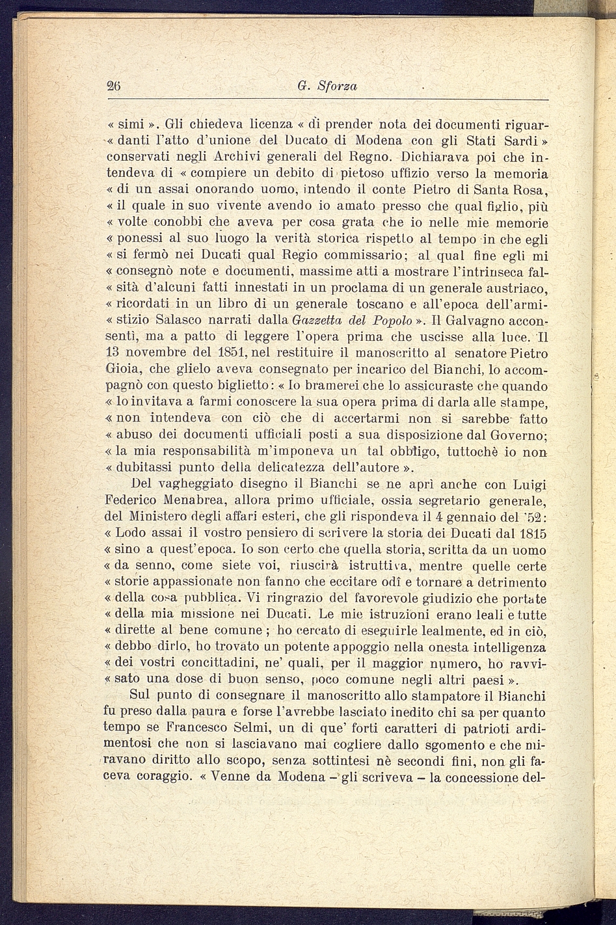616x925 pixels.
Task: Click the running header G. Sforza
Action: coord(327,86)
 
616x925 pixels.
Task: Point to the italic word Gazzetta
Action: coord(318,320)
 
